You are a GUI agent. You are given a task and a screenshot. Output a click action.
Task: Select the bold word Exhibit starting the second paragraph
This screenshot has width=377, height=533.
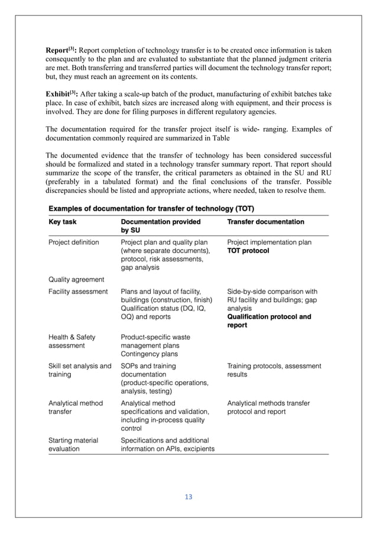[60, 94]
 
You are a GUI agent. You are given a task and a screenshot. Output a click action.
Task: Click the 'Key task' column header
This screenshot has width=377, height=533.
[63, 222]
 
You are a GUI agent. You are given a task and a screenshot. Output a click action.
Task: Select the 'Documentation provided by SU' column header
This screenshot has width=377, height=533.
[160, 226]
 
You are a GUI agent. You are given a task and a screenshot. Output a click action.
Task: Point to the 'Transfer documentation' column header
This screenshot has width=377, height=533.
[265, 222]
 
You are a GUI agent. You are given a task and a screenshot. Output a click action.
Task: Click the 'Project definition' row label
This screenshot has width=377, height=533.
[73, 242]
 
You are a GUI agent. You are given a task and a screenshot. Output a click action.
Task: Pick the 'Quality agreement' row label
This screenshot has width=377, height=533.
[76, 280]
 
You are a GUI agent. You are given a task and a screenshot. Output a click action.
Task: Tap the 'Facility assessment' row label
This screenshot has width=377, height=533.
[77, 291]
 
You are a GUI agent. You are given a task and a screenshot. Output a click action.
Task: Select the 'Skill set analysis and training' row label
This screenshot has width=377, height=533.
[79, 370]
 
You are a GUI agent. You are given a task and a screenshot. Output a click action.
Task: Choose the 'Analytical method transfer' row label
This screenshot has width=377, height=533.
[75, 407]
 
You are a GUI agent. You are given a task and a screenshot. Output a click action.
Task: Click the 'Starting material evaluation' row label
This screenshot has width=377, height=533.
[73, 444]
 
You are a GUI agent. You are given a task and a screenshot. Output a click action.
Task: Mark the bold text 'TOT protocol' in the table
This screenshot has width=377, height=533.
[248, 250]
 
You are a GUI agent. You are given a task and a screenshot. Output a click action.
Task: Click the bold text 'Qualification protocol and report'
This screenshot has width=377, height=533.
[269, 321]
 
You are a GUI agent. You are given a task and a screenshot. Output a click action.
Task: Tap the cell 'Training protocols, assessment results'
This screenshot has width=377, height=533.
[274, 370]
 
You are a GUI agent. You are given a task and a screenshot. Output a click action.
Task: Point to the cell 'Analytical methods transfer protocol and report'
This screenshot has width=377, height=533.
[268, 407]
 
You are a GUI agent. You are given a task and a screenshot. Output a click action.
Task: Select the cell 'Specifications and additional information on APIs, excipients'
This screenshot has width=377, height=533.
[167, 444]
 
